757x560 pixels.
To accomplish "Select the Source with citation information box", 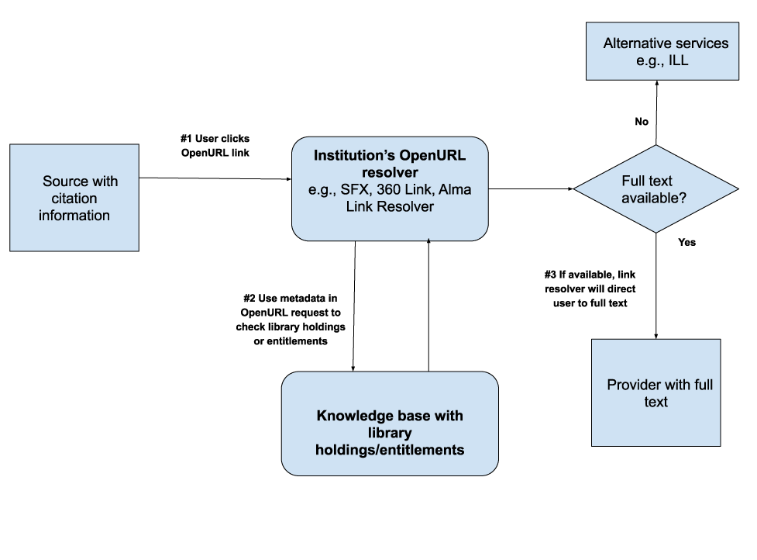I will (x=74, y=198).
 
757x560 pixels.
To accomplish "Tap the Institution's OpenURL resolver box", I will (x=390, y=188).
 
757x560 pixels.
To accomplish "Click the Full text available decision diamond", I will (x=655, y=188).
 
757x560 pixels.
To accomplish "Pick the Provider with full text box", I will (x=655, y=392).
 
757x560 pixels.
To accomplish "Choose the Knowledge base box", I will (x=390, y=423).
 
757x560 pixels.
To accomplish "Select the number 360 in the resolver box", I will (x=390, y=190).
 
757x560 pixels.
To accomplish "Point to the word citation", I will (x=69, y=199).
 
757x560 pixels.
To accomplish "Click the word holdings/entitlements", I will (x=390, y=449).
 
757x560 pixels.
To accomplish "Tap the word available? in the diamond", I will (x=653, y=198).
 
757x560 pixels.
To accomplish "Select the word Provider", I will (x=633, y=385).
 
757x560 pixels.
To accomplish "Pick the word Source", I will (x=64, y=181).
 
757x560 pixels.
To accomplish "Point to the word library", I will (x=390, y=433).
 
